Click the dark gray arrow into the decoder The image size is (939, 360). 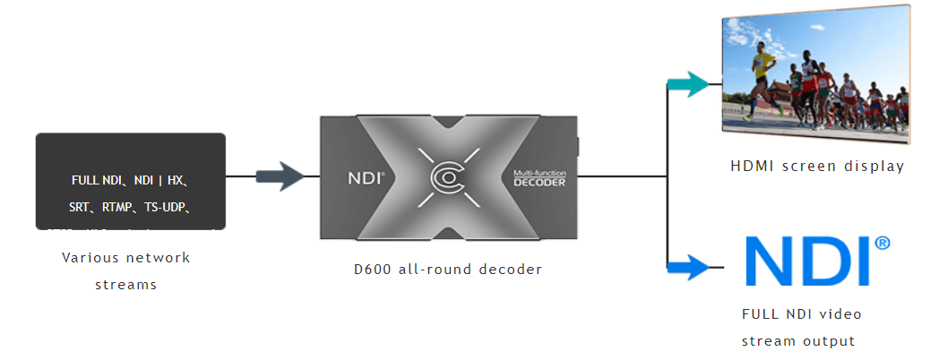[281, 176]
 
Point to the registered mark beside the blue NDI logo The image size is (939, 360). [883, 243]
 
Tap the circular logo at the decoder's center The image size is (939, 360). [448, 177]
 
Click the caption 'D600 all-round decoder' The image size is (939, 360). [448, 268]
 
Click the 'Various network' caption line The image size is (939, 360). [126, 257]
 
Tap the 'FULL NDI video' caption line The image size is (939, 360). [802, 314]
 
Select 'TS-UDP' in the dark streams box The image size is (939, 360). [168, 208]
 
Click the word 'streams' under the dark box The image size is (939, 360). [126, 285]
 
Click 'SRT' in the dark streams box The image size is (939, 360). [80, 208]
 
